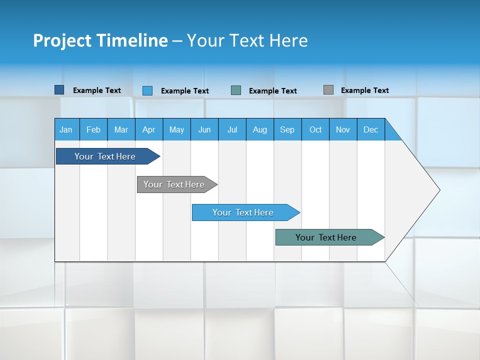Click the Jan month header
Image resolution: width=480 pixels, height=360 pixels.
point(66,129)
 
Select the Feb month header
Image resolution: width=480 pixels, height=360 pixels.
point(93,129)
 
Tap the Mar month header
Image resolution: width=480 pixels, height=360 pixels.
point(121,129)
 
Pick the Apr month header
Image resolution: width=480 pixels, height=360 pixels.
point(149,129)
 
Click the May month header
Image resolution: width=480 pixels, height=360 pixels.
point(176,129)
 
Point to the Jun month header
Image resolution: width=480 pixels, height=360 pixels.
point(204,129)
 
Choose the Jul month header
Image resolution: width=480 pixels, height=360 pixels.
point(232,129)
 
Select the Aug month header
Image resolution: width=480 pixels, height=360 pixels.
point(260,129)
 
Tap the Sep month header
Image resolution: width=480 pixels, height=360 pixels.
point(287,129)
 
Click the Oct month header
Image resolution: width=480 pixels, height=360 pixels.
point(315,129)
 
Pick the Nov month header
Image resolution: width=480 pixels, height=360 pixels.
point(343,129)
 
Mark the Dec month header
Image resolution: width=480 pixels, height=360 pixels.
point(371,129)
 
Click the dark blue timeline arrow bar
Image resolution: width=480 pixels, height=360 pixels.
point(105,156)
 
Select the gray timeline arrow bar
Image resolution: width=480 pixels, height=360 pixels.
point(174,184)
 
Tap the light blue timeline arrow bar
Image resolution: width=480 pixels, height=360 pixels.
point(243,212)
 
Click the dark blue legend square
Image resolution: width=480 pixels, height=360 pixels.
point(59,90)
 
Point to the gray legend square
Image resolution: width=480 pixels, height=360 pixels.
point(328,90)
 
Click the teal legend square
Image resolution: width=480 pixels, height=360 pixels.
point(236,90)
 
